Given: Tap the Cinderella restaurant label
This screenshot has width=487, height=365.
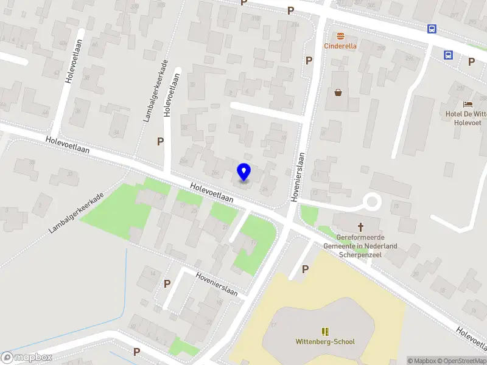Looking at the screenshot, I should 340,46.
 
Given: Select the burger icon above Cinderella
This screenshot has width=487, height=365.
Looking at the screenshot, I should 340,35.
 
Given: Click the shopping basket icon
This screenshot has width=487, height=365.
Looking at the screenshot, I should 338,92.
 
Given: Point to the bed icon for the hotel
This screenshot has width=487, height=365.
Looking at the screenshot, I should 467,105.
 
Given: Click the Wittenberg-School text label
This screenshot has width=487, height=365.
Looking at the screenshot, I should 325,342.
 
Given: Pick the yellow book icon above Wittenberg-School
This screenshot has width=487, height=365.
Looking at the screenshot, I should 325,332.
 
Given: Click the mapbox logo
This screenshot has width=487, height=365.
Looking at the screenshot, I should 27,358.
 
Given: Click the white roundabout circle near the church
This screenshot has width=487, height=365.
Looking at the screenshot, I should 371,201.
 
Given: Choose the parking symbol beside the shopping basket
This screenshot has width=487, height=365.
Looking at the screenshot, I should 309,61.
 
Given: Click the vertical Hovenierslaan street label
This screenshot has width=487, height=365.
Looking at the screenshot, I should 298,176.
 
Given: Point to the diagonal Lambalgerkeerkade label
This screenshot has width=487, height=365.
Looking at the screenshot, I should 76,214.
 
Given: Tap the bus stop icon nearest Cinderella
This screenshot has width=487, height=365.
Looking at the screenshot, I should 432,29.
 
